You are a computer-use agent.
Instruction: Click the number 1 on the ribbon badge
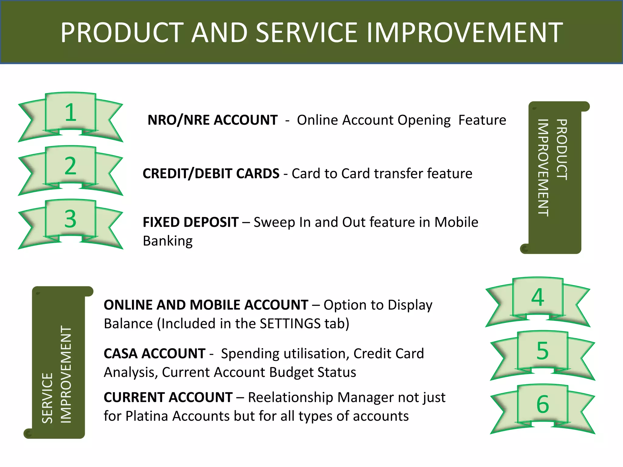pos(71,112)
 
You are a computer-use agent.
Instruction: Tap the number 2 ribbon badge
pos(71,166)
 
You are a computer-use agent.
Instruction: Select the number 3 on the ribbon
pos(71,219)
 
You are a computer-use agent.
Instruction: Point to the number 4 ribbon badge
pos(538,297)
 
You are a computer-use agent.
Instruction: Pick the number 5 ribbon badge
pos(543,351)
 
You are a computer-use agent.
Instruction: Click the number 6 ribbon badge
pos(543,404)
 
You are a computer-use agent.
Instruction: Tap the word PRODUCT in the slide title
pos(122,33)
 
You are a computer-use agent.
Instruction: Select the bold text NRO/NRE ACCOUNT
pos(212,120)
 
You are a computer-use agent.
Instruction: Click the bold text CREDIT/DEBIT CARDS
pos(211,174)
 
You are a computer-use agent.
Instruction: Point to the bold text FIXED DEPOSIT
pos(190,222)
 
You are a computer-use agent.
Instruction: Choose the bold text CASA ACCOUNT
pos(155,354)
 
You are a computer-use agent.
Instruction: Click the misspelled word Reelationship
pos(291,397)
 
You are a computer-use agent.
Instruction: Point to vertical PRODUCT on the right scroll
pos(562,149)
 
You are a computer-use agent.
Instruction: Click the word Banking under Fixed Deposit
pos(168,241)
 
